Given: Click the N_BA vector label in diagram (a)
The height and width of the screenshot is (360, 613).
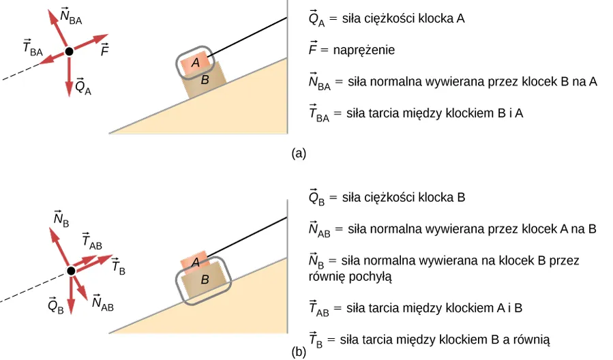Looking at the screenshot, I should (x=71, y=18).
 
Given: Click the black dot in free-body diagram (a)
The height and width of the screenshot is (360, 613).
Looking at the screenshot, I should (x=69, y=52).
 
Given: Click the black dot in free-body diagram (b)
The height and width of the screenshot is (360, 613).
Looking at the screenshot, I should (x=71, y=271).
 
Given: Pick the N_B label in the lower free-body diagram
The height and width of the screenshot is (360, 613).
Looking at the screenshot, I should (x=61, y=218).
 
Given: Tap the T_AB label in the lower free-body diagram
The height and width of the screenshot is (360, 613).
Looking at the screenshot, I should (x=91, y=241).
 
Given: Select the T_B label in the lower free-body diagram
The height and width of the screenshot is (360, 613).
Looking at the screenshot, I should (x=117, y=267).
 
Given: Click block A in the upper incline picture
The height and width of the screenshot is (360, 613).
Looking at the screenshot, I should (x=196, y=63).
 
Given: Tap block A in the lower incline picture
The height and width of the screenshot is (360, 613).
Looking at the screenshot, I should (x=195, y=261).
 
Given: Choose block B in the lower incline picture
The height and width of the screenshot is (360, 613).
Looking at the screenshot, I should (x=204, y=280).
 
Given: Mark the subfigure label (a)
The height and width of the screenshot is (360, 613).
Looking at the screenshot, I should (x=298, y=153).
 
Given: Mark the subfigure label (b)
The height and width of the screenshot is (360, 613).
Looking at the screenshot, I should (x=298, y=352).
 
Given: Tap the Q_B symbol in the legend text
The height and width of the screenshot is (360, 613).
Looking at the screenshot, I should (x=317, y=198).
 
